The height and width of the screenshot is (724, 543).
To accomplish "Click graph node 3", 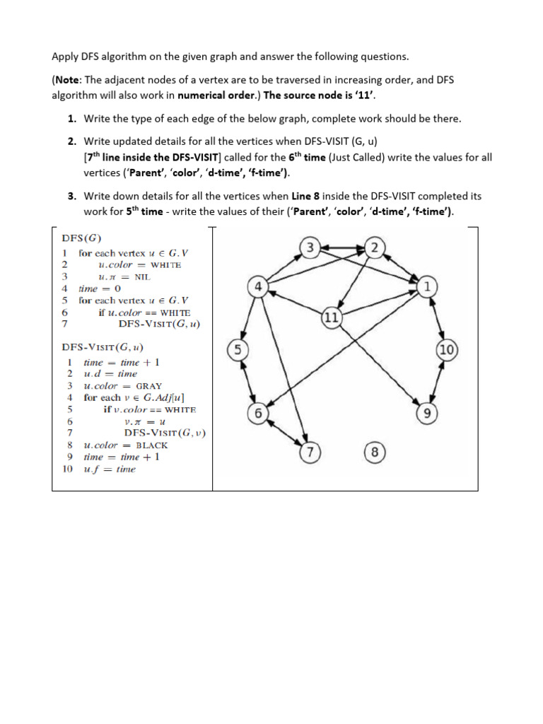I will pos(310,247).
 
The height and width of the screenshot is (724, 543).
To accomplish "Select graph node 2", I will pos(375,247).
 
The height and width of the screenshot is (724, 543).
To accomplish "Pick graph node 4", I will pos(257,286).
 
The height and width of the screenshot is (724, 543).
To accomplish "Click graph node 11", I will pos(331,317).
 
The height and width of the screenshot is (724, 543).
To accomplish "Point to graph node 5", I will pos(238,349).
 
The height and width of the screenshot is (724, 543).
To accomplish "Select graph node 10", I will pos(447,349).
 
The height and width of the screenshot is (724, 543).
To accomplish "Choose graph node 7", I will pos(309,452).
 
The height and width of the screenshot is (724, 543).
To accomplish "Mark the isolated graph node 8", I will pos(375,452).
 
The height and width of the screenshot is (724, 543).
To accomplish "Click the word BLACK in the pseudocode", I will pos(151,445).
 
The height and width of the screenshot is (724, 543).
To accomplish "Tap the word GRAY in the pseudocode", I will pos(148,385).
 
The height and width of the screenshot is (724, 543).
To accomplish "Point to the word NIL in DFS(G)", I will pos(144,276).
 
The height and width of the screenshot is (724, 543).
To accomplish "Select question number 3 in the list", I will pos(72,195).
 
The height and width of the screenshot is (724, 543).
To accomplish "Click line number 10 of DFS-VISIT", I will pos(68,469).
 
